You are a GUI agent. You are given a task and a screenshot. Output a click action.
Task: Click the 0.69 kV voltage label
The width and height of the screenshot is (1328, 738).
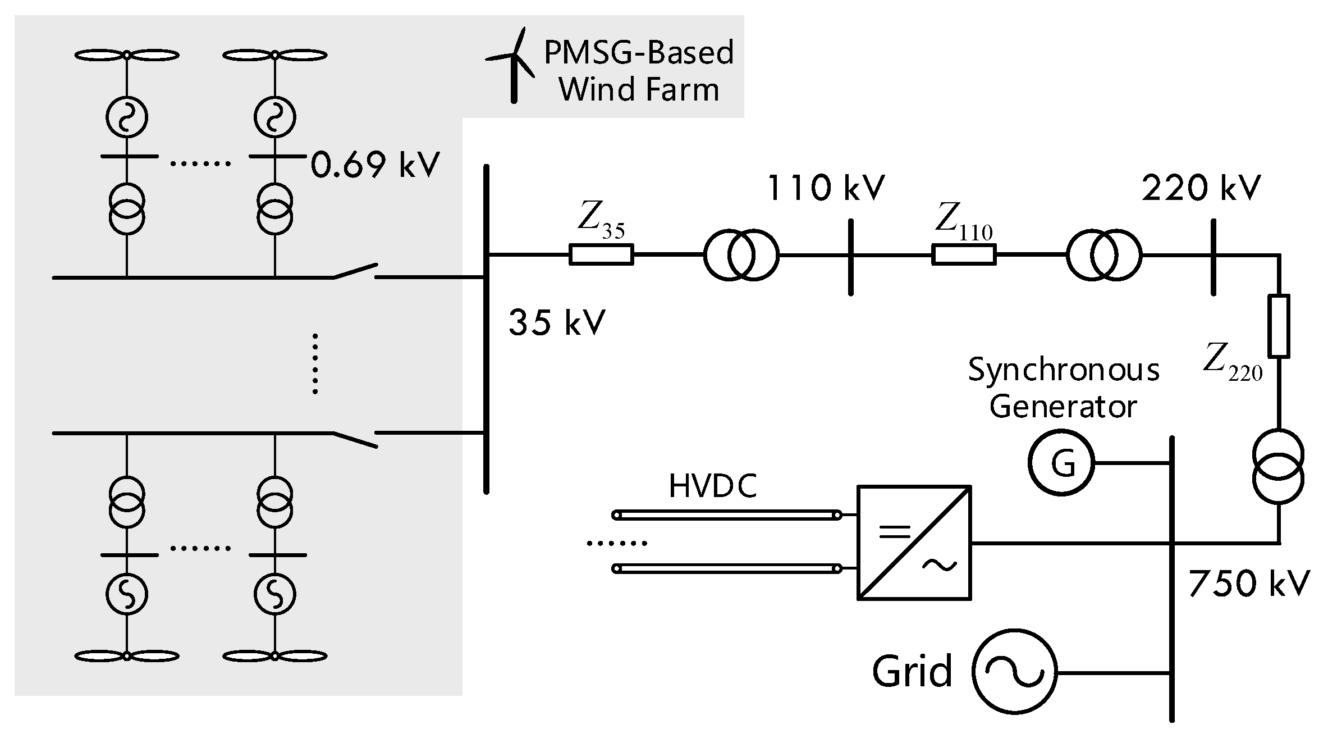tap(375, 165)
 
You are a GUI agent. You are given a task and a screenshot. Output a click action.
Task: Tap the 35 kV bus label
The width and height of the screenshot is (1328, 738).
tap(557, 322)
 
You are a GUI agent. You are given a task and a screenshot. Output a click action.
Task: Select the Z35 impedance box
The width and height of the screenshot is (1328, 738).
tap(601, 254)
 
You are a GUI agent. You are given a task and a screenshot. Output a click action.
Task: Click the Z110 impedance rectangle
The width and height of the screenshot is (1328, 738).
tap(964, 254)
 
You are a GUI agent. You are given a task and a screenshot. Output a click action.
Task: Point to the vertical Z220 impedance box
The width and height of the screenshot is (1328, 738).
tap(1279, 326)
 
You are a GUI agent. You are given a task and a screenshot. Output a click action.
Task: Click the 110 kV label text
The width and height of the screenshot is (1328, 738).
tap(825, 188)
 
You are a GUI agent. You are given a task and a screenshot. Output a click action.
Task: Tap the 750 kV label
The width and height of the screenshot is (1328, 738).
tap(1249, 584)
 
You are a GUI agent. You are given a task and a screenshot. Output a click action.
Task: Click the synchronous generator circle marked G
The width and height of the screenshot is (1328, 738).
tap(1061, 462)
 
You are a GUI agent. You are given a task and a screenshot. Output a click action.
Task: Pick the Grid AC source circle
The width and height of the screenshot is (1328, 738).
tap(1014, 672)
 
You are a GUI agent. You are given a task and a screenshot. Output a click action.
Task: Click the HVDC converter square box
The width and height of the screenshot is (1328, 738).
tap(914, 543)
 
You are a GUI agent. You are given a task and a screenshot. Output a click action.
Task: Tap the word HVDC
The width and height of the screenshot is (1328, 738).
tap(713, 486)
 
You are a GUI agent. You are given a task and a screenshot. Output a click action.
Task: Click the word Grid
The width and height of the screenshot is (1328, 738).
tap(912, 671)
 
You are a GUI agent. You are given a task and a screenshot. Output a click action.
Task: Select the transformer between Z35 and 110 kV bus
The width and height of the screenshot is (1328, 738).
tap(741, 255)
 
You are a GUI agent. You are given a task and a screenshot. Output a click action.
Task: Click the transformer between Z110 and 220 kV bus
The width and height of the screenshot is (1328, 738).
tap(1104, 255)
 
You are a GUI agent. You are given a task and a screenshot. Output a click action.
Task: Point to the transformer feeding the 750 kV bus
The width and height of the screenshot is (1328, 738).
tap(1278, 466)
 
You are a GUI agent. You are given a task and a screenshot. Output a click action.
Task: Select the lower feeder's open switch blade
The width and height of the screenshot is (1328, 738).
tap(355, 440)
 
